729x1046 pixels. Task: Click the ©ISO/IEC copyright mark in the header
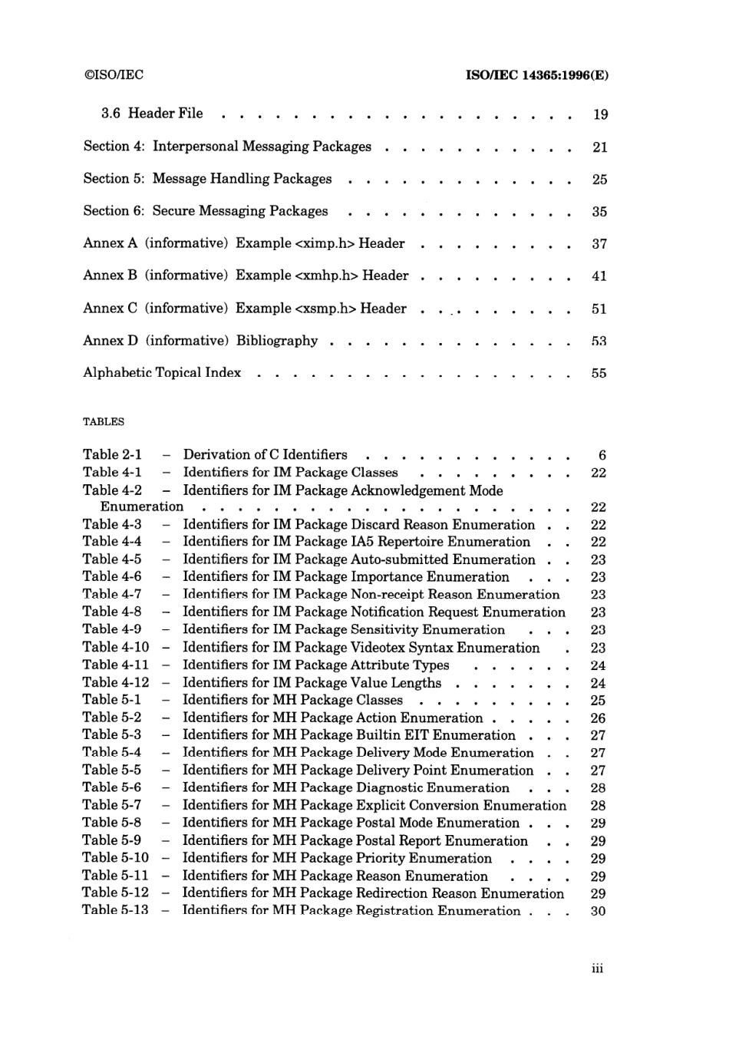coord(113,74)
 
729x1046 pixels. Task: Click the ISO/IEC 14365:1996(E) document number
coord(537,75)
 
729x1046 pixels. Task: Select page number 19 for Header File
coord(600,114)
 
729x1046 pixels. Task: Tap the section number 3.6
coord(111,114)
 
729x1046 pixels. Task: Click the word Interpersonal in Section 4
coord(196,147)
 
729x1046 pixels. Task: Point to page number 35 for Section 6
coord(599,212)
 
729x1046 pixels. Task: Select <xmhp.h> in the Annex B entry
coord(327,276)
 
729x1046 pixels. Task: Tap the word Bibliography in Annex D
coord(276,341)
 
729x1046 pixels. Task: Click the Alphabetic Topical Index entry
coord(162,373)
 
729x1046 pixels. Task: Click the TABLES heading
coord(103,421)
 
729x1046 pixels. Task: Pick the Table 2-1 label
coord(112,455)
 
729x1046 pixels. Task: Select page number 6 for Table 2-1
coord(602,456)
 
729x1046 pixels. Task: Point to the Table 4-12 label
coord(116,682)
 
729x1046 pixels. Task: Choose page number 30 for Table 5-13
coord(598,911)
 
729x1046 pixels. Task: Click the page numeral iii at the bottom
coord(598,968)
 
